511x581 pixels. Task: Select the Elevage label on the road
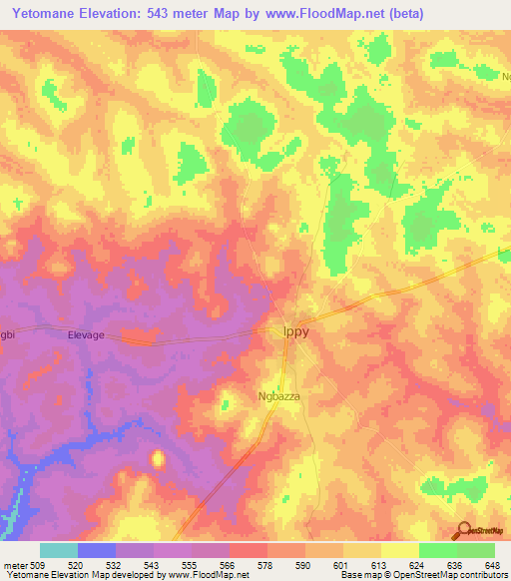coord(86,336)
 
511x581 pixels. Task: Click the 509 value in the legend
coord(37,564)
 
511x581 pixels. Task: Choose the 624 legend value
coord(417,564)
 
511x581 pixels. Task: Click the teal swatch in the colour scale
coord(59,550)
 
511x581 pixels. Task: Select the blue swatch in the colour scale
coord(97,550)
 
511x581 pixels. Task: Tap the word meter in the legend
coord(14,564)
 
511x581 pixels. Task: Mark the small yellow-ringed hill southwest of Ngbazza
coord(157,459)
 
